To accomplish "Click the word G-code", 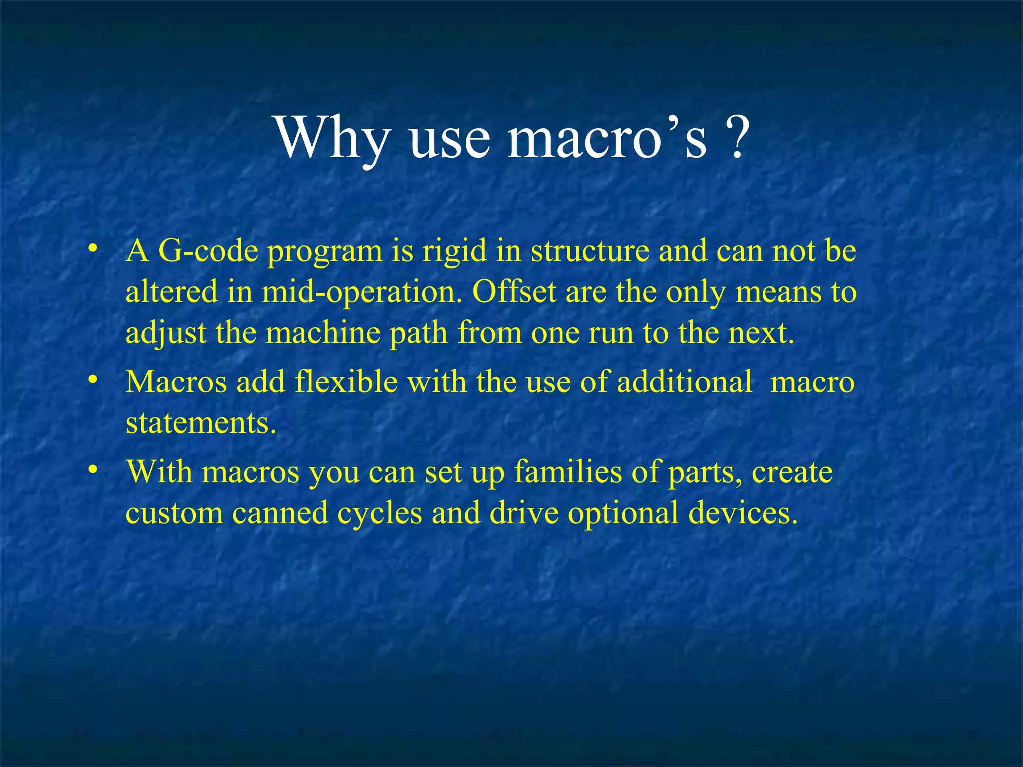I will [x=208, y=251].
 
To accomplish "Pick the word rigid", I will [x=454, y=251].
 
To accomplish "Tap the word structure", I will [x=590, y=251].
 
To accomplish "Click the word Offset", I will [x=514, y=292].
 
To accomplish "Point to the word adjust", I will [x=166, y=333].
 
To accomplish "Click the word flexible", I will [x=346, y=382].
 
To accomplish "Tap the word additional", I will [x=684, y=382].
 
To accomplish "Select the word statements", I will [x=201, y=423].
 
